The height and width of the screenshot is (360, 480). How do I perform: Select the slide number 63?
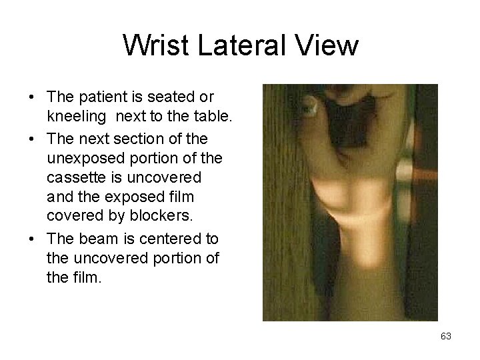click(x=446, y=336)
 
